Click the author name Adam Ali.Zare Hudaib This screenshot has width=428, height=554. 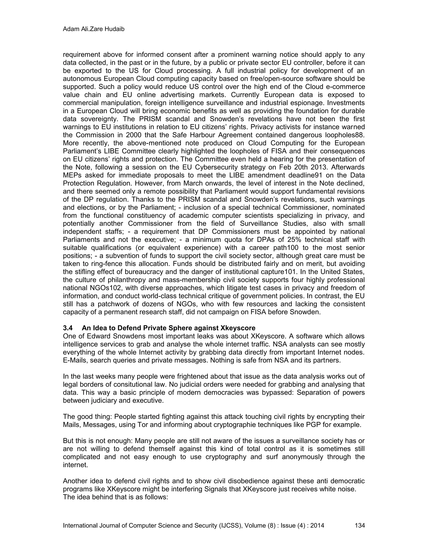pos(94,29)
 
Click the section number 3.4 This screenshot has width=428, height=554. pos(68,328)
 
